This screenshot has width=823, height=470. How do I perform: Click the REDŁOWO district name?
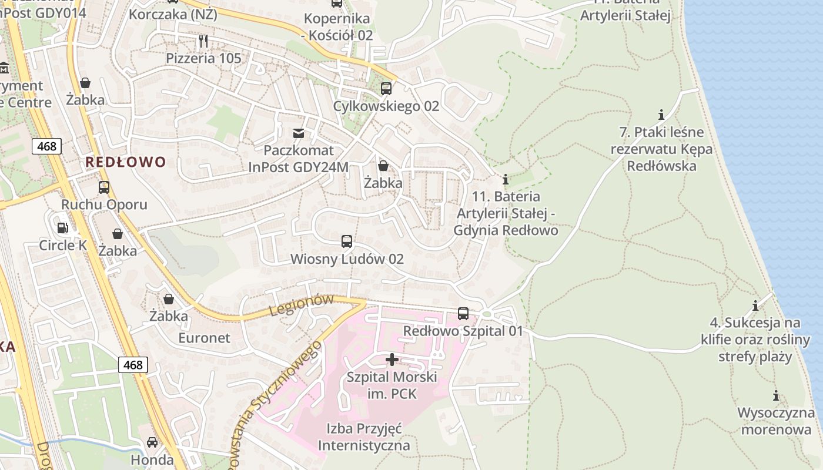(126, 162)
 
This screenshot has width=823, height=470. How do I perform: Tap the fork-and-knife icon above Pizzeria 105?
(203, 41)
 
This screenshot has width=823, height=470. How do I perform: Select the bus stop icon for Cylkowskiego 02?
(386, 89)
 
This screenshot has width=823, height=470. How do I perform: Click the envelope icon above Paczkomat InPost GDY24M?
(299, 133)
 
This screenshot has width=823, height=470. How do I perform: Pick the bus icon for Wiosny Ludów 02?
(347, 241)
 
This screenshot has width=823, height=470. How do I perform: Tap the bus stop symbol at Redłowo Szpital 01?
(463, 314)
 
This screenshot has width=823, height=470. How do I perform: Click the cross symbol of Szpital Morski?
(392, 359)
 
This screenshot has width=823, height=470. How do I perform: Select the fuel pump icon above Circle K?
(62, 227)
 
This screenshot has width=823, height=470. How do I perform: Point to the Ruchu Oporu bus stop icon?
(104, 187)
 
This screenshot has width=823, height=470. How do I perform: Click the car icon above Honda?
(152, 442)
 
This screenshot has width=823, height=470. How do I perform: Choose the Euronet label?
(204, 338)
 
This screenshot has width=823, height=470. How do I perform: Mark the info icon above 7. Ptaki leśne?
(661, 114)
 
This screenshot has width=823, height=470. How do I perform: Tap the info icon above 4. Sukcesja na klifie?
(755, 305)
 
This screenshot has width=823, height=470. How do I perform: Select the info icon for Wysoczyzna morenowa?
(776, 395)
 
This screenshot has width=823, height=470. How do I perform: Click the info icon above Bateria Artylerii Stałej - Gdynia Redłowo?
(506, 179)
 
